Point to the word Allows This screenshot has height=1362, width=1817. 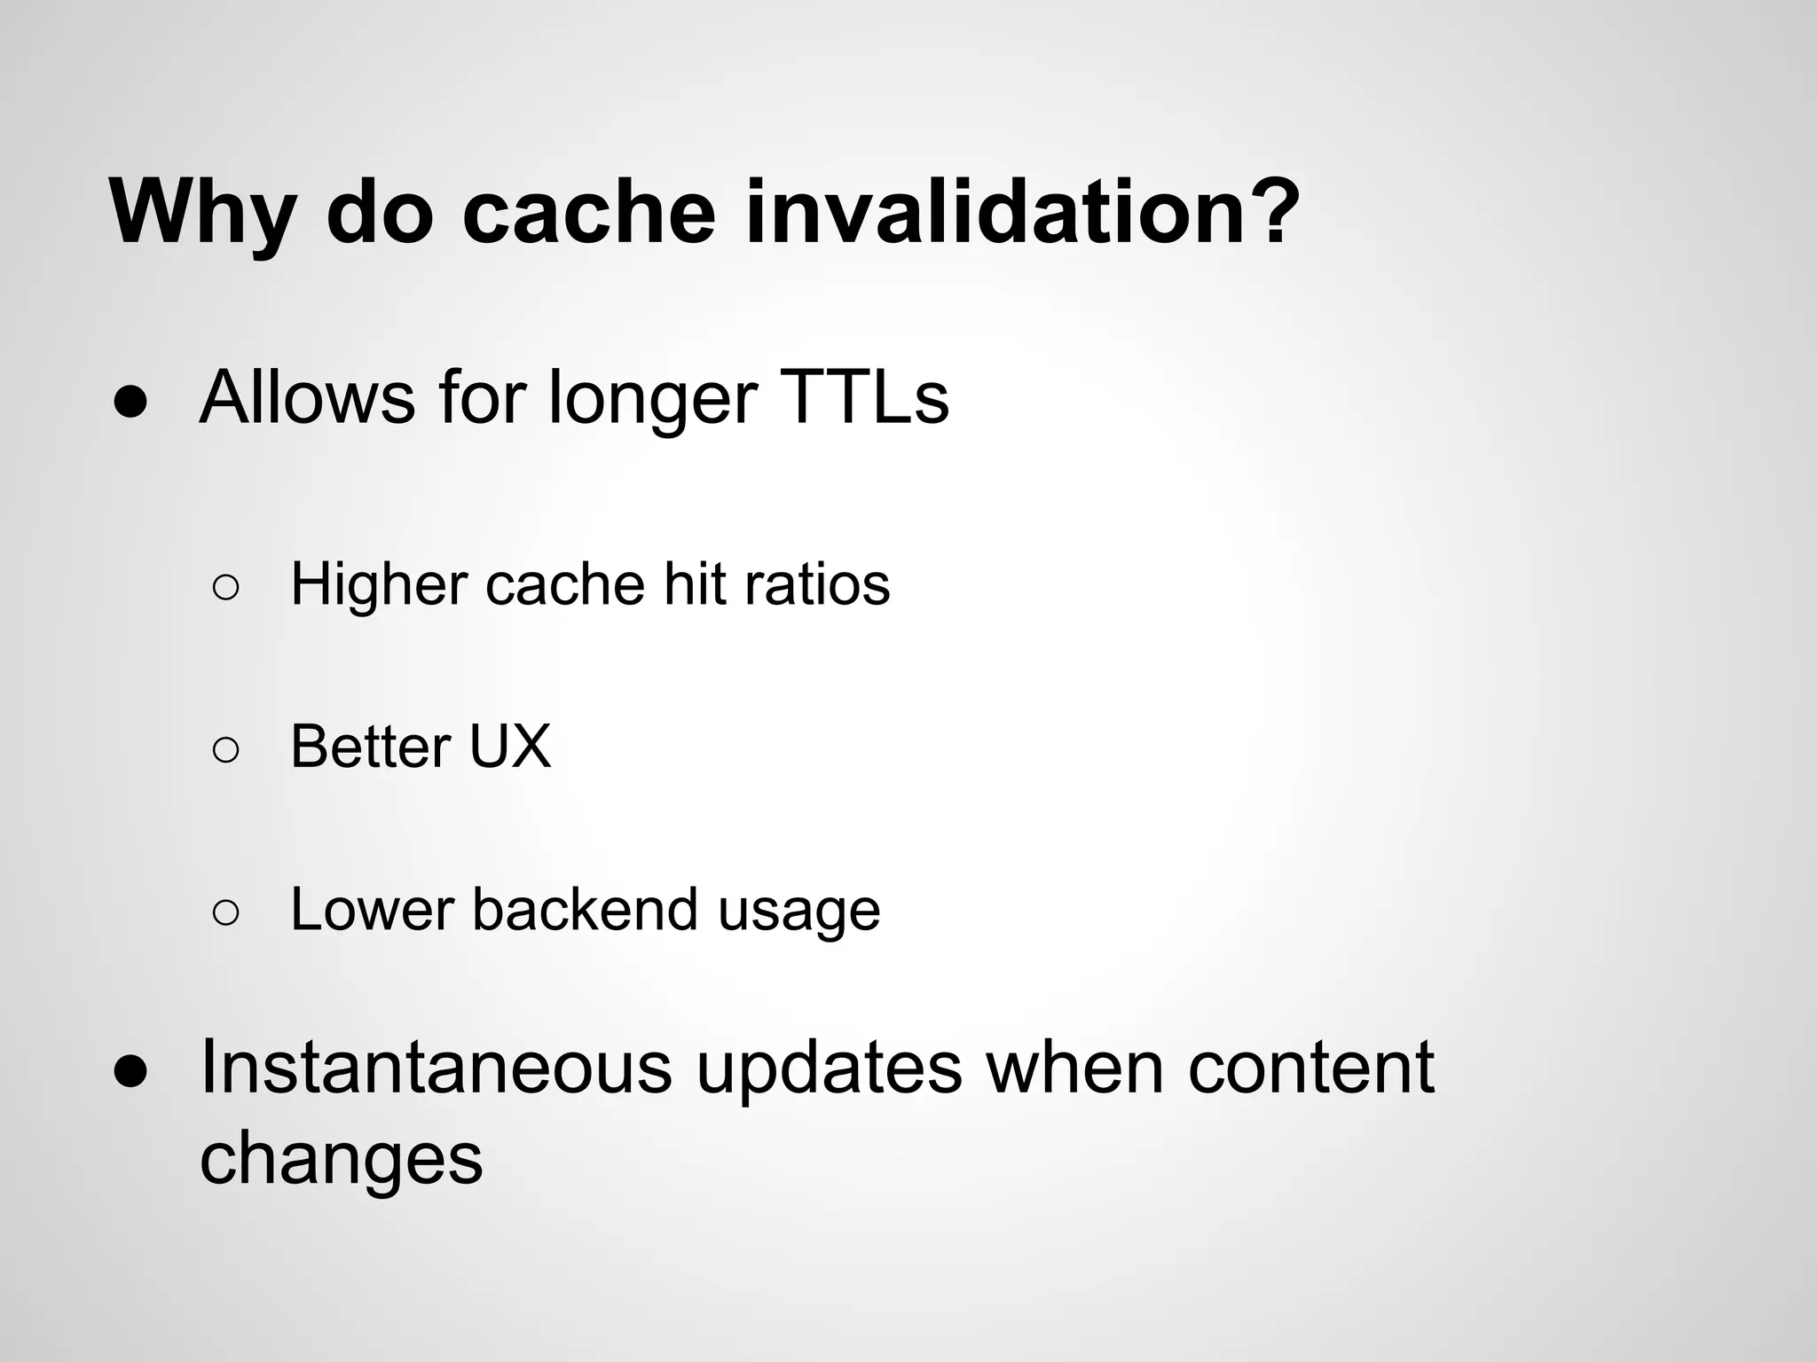click(307, 398)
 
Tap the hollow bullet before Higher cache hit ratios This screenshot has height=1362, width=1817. click(226, 588)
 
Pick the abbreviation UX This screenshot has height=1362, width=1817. click(509, 747)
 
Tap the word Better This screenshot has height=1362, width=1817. click(370, 747)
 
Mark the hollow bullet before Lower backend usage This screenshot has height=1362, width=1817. click(226, 914)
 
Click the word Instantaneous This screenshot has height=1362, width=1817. click(436, 1067)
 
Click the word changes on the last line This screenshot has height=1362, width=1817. click(341, 1160)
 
